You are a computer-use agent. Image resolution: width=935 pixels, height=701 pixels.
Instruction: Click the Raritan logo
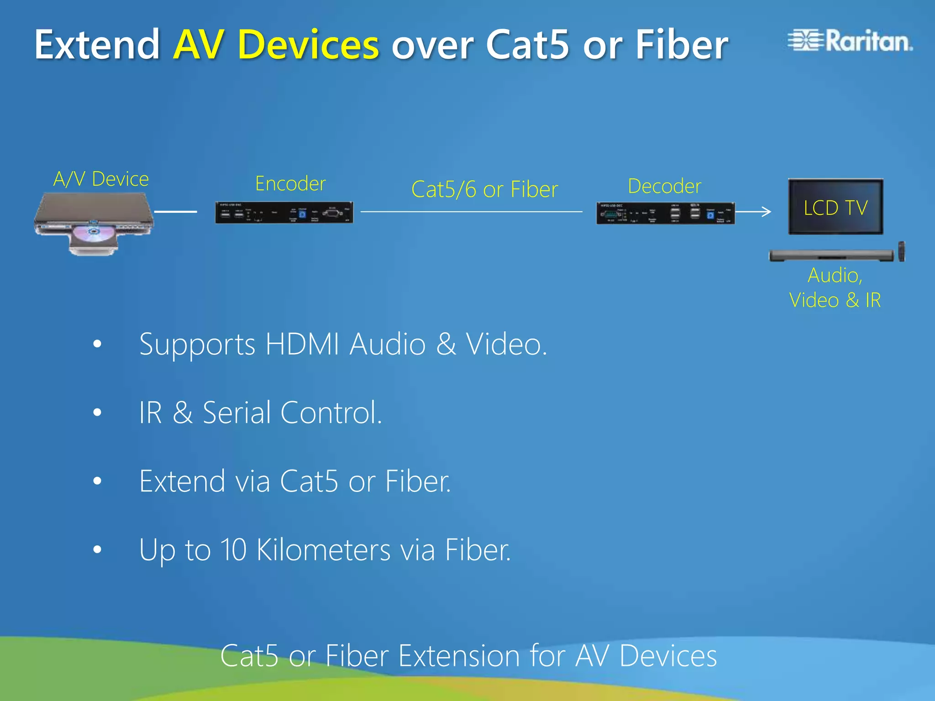click(x=850, y=41)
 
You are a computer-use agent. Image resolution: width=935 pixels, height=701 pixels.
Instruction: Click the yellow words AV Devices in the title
click(x=276, y=45)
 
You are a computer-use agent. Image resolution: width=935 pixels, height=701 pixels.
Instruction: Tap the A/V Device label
click(x=101, y=179)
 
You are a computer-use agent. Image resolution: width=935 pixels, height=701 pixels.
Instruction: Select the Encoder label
click(x=290, y=183)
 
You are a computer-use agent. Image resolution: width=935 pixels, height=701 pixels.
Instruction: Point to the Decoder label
click(x=664, y=186)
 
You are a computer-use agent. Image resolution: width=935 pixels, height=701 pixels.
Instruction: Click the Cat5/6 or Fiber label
click(x=484, y=189)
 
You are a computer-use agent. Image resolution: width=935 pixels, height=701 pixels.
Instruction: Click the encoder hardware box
click(x=284, y=213)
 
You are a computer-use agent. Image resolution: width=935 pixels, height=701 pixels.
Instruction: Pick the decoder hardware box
click(x=665, y=213)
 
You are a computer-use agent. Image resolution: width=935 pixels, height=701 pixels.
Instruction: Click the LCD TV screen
click(x=835, y=207)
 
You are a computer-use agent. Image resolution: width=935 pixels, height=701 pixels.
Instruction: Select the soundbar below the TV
click(x=831, y=255)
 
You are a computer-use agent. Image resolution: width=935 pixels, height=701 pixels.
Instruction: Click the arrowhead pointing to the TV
click(x=767, y=211)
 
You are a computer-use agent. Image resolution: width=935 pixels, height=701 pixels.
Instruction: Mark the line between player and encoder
click(x=175, y=212)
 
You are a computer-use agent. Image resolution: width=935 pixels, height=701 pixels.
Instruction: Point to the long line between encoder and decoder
click(x=471, y=212)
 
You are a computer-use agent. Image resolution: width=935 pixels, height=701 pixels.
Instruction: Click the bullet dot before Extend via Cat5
click(x=97, y=481)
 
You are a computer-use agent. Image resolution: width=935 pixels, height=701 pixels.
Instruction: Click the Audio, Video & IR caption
click(x=835, y=288)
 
